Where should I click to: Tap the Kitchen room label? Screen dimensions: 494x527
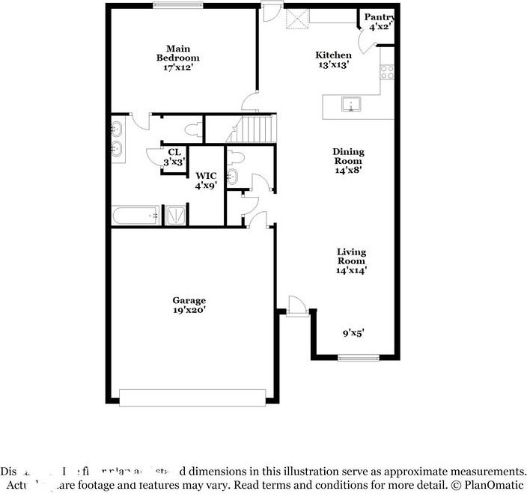pyautogui.click(x=333, y=59)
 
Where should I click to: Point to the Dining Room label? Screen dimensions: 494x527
pyautogui.click(x=347, y=161)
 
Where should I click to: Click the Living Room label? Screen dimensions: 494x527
pyautogui.click(x=350, y=261)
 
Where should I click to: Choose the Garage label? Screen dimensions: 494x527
pyautogui.click(x=189, y=305)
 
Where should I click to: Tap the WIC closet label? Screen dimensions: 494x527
pyautogui.click(x=206, y=180)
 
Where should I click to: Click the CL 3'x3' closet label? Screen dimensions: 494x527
pyautogui.click(x=174, y=156)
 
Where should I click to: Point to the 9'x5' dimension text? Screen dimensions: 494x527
pyautogui.click(x=353, y=333)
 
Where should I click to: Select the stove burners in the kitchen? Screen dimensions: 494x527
pyautogui.click(x=387, y=73)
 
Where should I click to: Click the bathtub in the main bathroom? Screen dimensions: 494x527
pyautogui.click(x=137, y=216)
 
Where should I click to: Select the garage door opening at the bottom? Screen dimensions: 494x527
pyautogui.click(x=193, y=396)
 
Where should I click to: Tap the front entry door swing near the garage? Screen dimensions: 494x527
pyautogui.click(x=297, y=305)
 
